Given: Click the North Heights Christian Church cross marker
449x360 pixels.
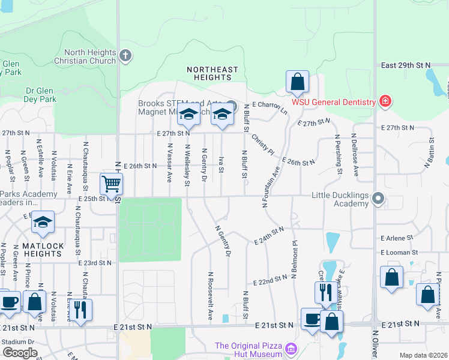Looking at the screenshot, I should tap(125, 56).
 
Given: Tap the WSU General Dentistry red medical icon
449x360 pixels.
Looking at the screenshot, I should tap(385, 101).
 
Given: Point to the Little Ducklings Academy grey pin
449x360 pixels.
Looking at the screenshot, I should tap(378, 197).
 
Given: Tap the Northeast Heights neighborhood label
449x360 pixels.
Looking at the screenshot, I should tap(212, 74).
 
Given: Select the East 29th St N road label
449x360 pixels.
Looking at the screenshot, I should tap(406, 64).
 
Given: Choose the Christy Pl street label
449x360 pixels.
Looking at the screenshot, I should tap(262, 143).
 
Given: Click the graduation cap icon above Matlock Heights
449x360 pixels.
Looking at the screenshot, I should tap(42, 222).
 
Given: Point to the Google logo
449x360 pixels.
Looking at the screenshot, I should tap(20, 353).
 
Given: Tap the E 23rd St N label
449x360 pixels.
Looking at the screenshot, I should tap(95, 263).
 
